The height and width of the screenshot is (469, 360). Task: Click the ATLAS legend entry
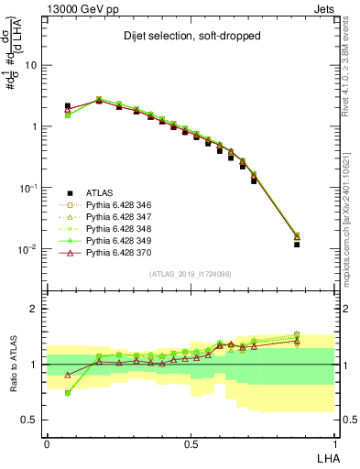click(x=98, y=193)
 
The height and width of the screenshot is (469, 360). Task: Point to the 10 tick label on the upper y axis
click(x=31, y=66)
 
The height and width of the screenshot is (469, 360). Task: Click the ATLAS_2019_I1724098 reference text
click(x=191, y=274)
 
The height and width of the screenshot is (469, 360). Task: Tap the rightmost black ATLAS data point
click(x=322, y=245)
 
